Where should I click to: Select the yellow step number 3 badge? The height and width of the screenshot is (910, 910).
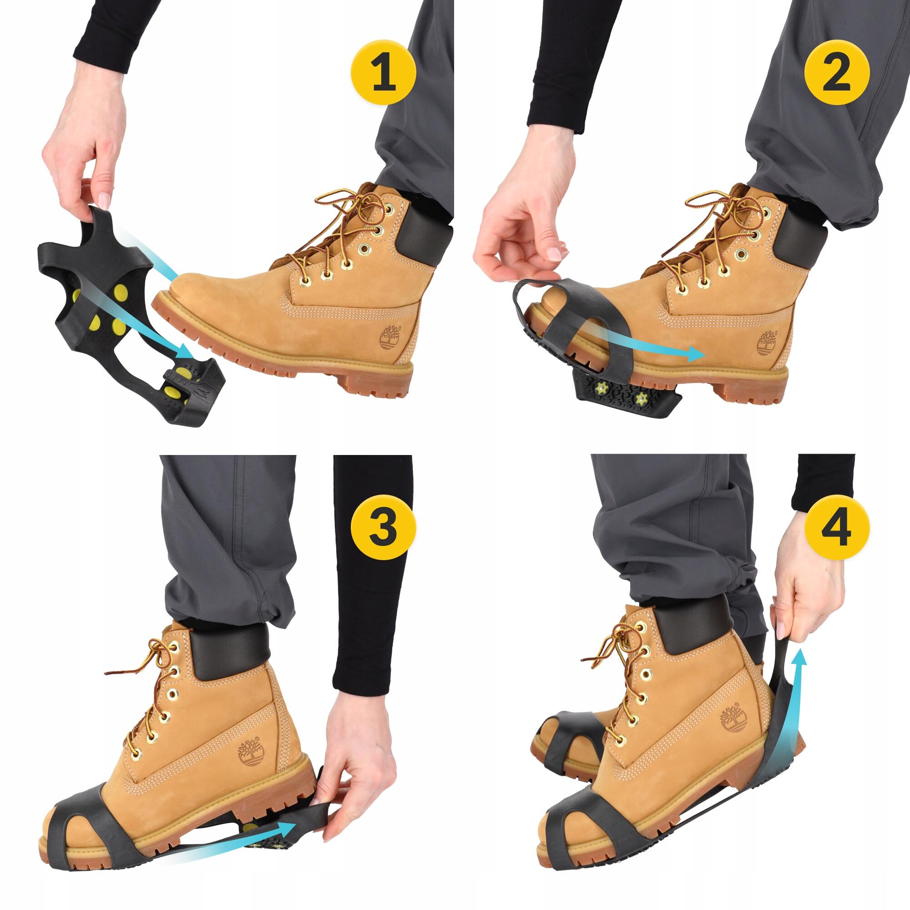point(384,526)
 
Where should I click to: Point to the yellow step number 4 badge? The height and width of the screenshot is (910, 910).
point(837,526)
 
